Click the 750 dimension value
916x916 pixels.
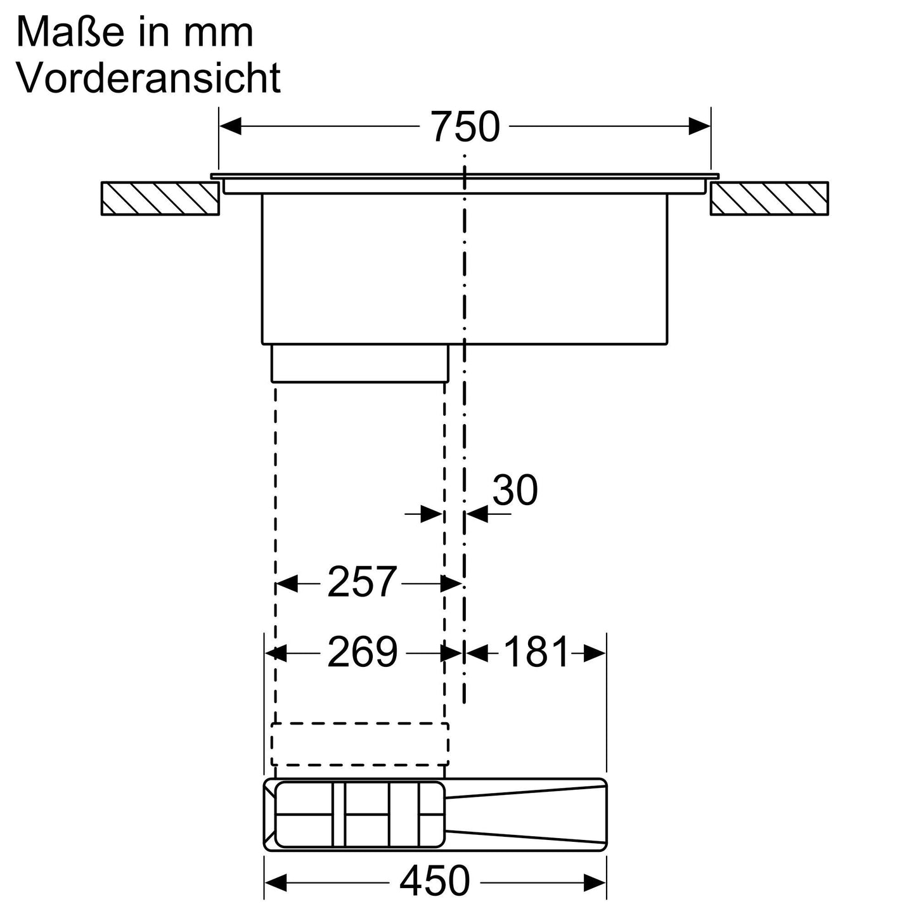pos(465,127)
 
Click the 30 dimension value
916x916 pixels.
pos(515,490)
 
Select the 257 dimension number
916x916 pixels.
pos(362,582)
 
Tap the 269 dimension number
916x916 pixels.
pos(362,652)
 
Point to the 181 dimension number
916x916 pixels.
pos(536,652)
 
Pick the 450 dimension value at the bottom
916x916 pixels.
pos(435,881)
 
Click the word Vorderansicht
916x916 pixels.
pos(148,78)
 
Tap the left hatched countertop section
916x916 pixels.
pos(160,198)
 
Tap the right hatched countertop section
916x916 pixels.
pos(769,198)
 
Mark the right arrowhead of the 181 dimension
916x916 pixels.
pos(595,653)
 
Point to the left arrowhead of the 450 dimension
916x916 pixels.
pos(276,881)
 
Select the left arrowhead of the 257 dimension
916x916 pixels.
pos(287,583)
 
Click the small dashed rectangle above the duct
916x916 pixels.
pos(359,744)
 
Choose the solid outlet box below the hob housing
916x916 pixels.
pos(359,363)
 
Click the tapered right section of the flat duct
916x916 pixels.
pos(526,814)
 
